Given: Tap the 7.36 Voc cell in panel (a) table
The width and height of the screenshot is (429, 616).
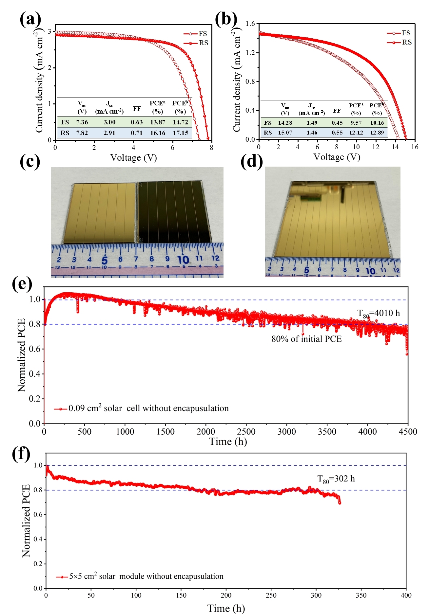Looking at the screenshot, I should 82,122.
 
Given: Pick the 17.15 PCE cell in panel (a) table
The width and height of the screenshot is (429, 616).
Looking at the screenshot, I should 180,133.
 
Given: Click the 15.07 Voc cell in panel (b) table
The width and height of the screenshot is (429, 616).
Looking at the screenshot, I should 285,133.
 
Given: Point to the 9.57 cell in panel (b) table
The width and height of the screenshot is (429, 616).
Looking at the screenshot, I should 356,123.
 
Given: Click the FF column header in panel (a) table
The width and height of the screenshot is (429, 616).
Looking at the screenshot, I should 137,108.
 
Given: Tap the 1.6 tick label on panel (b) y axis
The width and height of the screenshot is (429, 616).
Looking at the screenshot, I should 250,24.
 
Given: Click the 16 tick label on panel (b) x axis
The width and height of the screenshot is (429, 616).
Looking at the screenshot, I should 415,147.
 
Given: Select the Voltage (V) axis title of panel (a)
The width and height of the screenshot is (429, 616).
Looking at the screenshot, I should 133,158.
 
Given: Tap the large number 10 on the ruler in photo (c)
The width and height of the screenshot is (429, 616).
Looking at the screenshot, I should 183,260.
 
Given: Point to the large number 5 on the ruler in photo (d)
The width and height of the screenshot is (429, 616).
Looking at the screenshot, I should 306,270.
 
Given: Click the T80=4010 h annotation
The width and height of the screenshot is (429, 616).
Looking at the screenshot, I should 379,314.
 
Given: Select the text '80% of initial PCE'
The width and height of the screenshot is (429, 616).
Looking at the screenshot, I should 306,339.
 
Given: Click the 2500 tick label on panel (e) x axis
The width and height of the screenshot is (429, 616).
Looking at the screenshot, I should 246,432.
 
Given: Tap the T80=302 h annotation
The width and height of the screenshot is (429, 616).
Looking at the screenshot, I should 336,479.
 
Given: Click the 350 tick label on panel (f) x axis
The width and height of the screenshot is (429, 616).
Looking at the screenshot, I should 361,595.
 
